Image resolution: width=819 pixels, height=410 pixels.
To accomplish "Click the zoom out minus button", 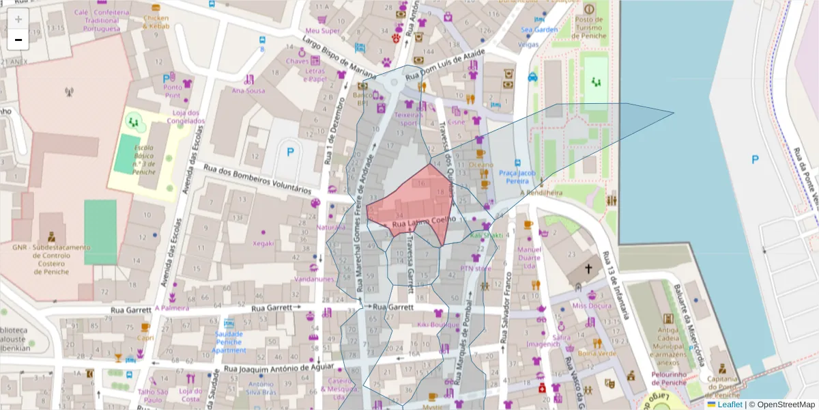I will pos(18,40).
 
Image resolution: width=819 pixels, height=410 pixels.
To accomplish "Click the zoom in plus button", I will pos(18,19).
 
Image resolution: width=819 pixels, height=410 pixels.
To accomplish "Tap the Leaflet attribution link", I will pos(730,405).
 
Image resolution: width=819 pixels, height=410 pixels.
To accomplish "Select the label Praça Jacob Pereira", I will pos(515,177).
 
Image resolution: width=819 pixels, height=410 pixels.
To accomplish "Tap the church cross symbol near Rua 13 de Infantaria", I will pos(588,269).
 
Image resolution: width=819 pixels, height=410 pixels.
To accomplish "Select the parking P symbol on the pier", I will pos(755,159).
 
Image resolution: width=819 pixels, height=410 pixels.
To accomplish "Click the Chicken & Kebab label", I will pos(156,21).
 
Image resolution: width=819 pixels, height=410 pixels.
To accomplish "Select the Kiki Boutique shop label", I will pos(439,325).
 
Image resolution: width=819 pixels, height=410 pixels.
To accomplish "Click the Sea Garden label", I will pos(539,29).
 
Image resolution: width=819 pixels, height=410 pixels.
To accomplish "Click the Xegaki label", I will pos(263,243).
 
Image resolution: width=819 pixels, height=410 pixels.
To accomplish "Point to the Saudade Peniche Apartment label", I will pos(229,342).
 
